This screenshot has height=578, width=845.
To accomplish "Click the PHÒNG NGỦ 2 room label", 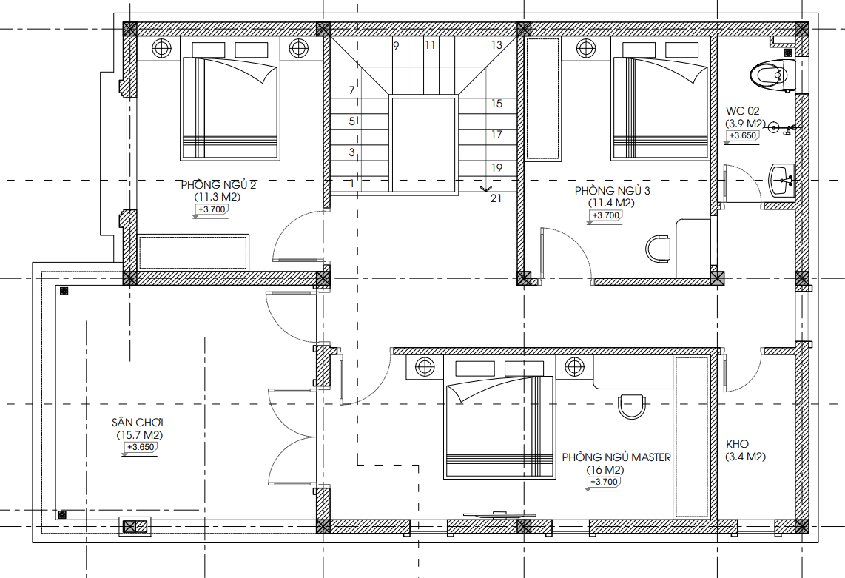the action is coord(218,185).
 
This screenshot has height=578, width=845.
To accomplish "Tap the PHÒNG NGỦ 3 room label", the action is coord(612,191).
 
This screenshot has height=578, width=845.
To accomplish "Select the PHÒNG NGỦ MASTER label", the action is coord(616,457).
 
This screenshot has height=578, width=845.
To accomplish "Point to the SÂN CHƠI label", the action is coord(138,422).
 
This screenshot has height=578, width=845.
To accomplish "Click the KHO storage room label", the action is coord(737,444).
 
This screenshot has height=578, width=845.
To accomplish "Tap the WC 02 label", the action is coord(743,111).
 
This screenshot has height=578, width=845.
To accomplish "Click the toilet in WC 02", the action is coord(772,76).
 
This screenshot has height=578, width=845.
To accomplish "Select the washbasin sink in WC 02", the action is coord(781,180).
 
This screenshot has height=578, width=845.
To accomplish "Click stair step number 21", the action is coord(496,198).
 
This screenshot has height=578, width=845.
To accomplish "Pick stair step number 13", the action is coord(496,45).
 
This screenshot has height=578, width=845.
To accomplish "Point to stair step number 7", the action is coord(352,90).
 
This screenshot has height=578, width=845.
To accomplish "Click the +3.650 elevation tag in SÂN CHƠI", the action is coord(140,448).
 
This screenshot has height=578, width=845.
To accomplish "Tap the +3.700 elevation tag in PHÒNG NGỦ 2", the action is coord(212,209).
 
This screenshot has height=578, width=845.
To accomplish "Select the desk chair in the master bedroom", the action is coord(632,406).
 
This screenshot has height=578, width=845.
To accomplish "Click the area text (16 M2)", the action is coord(605,470).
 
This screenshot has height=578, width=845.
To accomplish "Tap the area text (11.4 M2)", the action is coord(610,204).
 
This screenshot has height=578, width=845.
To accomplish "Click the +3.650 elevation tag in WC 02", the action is coord(743,136).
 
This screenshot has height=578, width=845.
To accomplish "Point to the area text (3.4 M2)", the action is coord(745,457).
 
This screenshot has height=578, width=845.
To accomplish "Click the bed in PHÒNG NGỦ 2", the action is coord(230,108).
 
